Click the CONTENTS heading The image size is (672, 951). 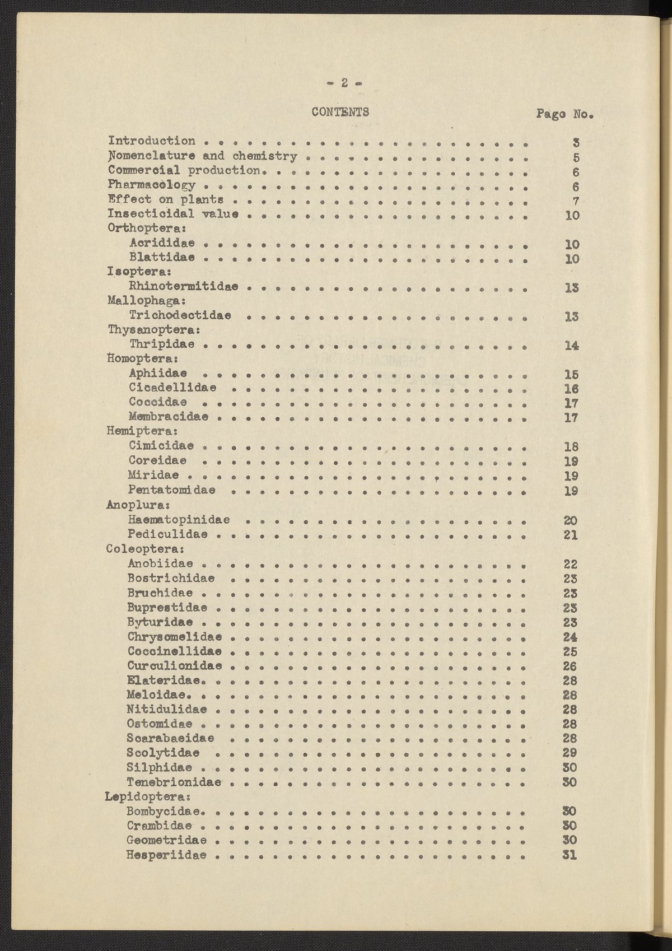click(340, 111)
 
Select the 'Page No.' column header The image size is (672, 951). click(564, 114)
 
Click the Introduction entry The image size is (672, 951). click(152, 141)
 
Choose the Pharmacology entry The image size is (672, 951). click(152, 185)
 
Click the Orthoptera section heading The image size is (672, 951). click(147, 229)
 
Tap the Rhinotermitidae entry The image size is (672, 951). click(184, 287)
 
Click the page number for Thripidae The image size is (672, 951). click(571, 346)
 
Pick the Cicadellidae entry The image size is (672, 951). click(173, 388)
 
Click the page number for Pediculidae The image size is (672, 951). click(571, 535)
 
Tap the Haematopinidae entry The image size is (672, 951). click(179, 520)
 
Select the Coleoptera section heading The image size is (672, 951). click(146, 549)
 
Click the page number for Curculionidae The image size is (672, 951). click(570, 666)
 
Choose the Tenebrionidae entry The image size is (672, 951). click(175, 782)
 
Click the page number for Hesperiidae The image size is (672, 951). click(570, 855)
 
